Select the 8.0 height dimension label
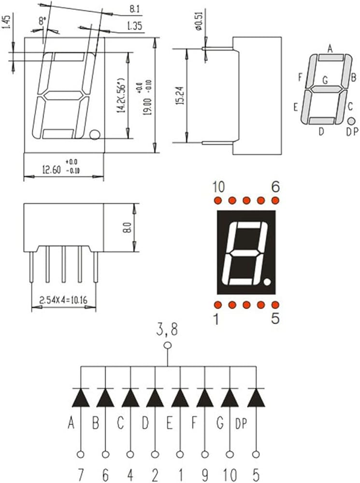click(128, 227)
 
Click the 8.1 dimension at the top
click(135, 9)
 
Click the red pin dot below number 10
click(217, 200)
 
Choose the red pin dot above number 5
click(275, 305)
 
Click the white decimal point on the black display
click(268, 281)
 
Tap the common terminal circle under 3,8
click(168, 345)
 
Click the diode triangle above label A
click(80, 398)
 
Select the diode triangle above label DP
click(256, 398)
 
